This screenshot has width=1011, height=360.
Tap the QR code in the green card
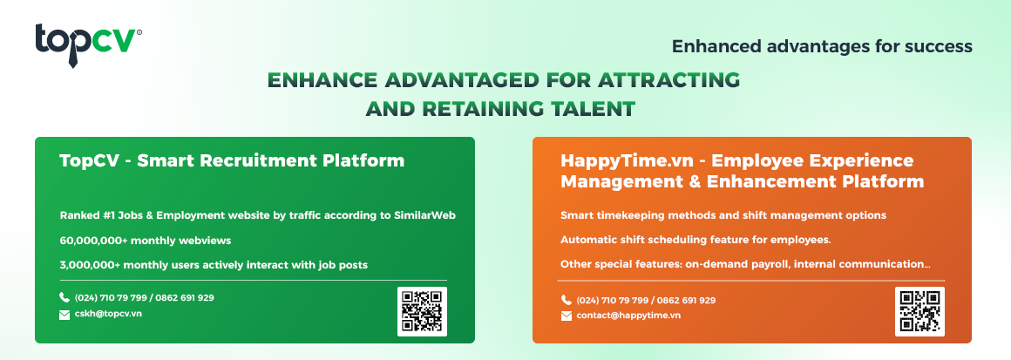[x=422, y=311]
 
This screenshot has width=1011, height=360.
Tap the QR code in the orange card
[x=919, y=311]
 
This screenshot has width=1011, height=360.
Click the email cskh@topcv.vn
[x=108, y=314]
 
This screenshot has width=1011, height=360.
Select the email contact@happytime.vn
[x=628, y=316]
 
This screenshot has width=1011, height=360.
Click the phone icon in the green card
[x=64, y=298]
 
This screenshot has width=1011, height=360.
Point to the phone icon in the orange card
[x=567, y=300]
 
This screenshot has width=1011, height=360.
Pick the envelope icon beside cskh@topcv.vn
[x=64, y=315]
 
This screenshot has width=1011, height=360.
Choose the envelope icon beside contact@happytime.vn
[x=567, y=316]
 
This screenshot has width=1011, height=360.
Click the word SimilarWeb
[x=424, y=215]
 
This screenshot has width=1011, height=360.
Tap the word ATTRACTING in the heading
[x=655, y=80]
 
